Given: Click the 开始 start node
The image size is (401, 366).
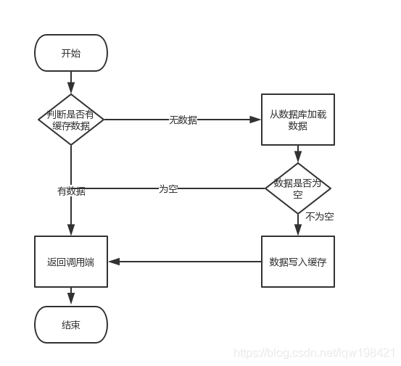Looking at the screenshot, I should tap(71, 53).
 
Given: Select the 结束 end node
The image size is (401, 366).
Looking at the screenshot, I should tap(71, 324).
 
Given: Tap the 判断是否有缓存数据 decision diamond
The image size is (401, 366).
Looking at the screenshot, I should tap(71, 120).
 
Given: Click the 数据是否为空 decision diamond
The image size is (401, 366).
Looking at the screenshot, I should tap(297, 188).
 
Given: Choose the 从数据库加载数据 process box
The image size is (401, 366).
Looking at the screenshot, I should tap(297, 120).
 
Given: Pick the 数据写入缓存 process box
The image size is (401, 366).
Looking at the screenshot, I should tap(297, 262).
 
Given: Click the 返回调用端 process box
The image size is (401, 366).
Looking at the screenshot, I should tap(71, 262).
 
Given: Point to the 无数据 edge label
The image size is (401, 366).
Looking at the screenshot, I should tap(183, 120).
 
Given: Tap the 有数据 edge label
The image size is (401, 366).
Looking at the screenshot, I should tap(71, 191).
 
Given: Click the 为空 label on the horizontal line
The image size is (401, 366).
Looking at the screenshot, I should tap(168, 188).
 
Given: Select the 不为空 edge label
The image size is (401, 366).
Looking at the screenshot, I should tap(319, 216).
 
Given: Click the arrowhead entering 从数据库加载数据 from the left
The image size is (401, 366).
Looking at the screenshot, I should tap(257, 120).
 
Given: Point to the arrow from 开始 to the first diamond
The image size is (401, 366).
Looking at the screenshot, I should tap(71, 82).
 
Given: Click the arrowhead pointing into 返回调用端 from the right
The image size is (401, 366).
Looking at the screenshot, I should tap(112, 262).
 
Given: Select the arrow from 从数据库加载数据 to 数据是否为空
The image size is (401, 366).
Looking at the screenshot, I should tap(297, 154).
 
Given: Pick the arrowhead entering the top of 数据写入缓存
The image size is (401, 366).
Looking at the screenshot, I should tap(297, 231).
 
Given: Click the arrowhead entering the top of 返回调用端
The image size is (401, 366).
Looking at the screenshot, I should tap(71, 231).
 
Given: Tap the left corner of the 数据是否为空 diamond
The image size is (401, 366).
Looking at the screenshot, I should tap(267, 188).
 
